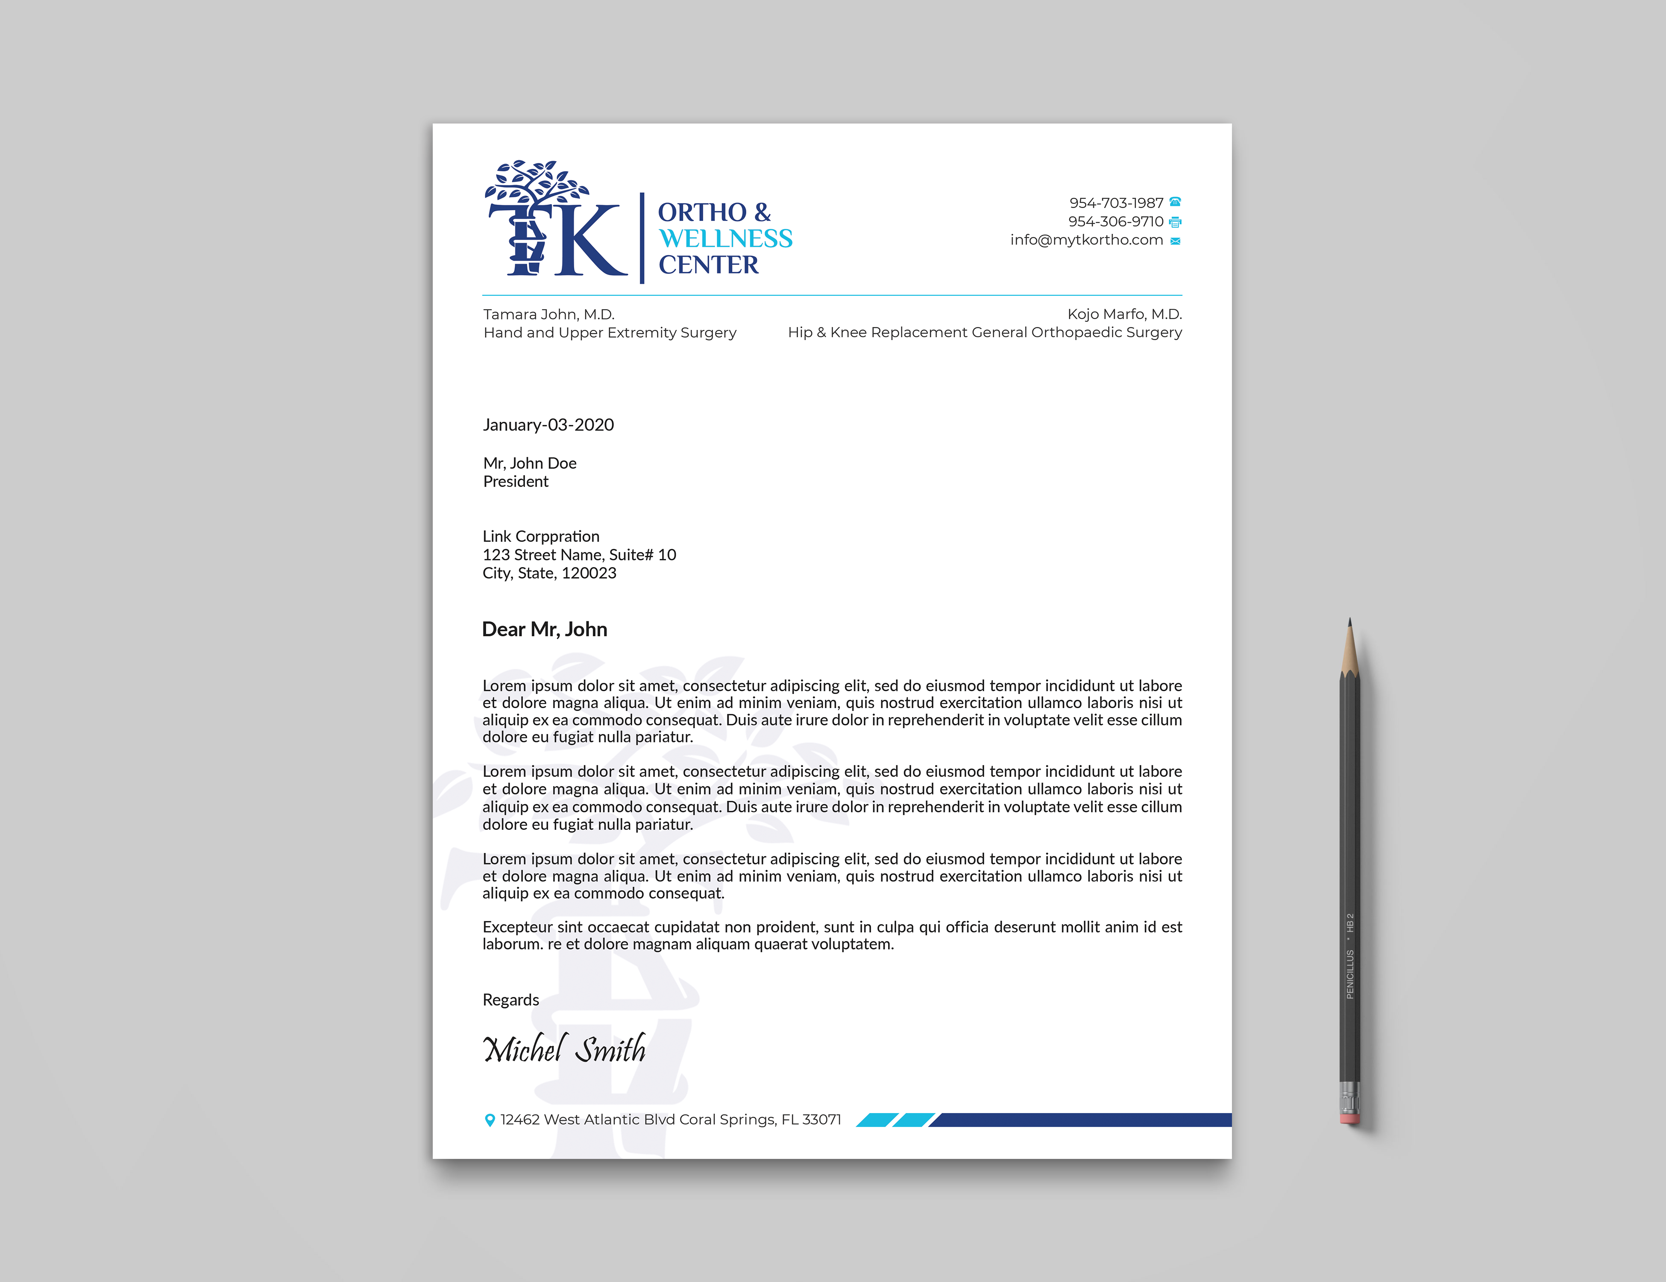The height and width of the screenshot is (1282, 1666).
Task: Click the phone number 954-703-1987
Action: tap(1115, 203)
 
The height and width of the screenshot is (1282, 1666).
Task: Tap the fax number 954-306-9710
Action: tap(1115, 221)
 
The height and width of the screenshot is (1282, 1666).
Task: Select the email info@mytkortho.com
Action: tap(1086, 240)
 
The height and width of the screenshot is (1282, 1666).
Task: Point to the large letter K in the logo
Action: tap(591, 240)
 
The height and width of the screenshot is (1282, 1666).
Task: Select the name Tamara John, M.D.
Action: tap(548, 315)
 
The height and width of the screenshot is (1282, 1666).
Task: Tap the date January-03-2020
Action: tap(548, 425)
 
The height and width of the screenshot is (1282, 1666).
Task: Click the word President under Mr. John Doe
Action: tap(516, 482)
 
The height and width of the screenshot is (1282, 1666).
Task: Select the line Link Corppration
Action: tap(541, 536)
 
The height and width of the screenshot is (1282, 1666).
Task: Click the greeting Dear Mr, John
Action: tap(544, 629)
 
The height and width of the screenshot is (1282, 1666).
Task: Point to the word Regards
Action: tap(510, 1000)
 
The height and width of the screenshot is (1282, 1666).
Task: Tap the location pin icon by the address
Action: tap(490, 1120)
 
